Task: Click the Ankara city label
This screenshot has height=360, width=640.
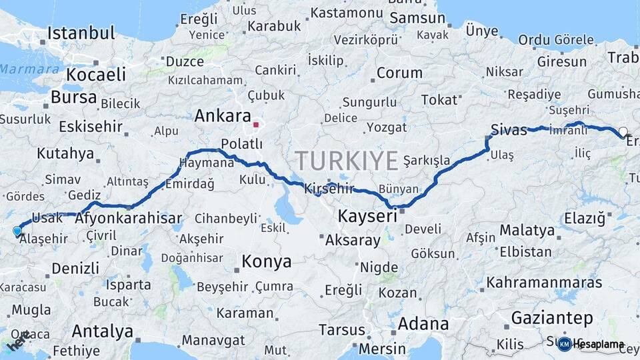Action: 223,116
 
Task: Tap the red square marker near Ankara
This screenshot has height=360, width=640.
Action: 256,124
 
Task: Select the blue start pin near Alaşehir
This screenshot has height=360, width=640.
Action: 17,232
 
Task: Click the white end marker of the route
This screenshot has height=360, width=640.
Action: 623,131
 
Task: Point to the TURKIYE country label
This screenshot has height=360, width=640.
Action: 347,161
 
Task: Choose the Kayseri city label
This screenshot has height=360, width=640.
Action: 367,216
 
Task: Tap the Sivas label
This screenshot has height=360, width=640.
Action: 509,130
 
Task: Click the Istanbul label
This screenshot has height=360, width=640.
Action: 81,33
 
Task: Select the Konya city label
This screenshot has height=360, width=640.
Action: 266,261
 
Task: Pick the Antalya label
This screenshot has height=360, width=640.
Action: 102,331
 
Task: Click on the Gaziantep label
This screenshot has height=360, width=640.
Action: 552,317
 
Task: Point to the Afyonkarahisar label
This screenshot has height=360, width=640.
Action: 129,219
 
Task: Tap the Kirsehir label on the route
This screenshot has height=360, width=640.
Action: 329,189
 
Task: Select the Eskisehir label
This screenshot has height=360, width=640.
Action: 91,127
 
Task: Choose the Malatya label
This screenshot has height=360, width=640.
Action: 527,231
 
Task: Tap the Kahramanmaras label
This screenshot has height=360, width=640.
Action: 544,283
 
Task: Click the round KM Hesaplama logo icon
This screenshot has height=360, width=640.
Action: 564,345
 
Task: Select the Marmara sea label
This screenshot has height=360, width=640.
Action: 20,69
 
